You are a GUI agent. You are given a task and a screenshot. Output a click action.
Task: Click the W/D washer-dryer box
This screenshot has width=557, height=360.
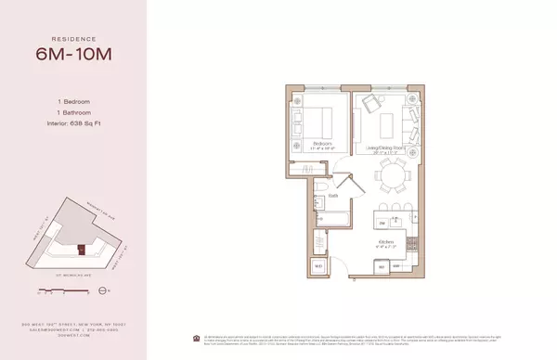click(x=318, y=267)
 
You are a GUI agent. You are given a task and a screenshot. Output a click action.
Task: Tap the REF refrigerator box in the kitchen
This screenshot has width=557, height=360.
click(x=379, y=267)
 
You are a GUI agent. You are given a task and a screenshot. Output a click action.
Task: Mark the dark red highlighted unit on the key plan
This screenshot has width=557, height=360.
click(x=81, y=248)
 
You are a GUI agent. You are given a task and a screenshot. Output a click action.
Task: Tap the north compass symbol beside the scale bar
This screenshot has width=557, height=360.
click(x=97, y=290)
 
